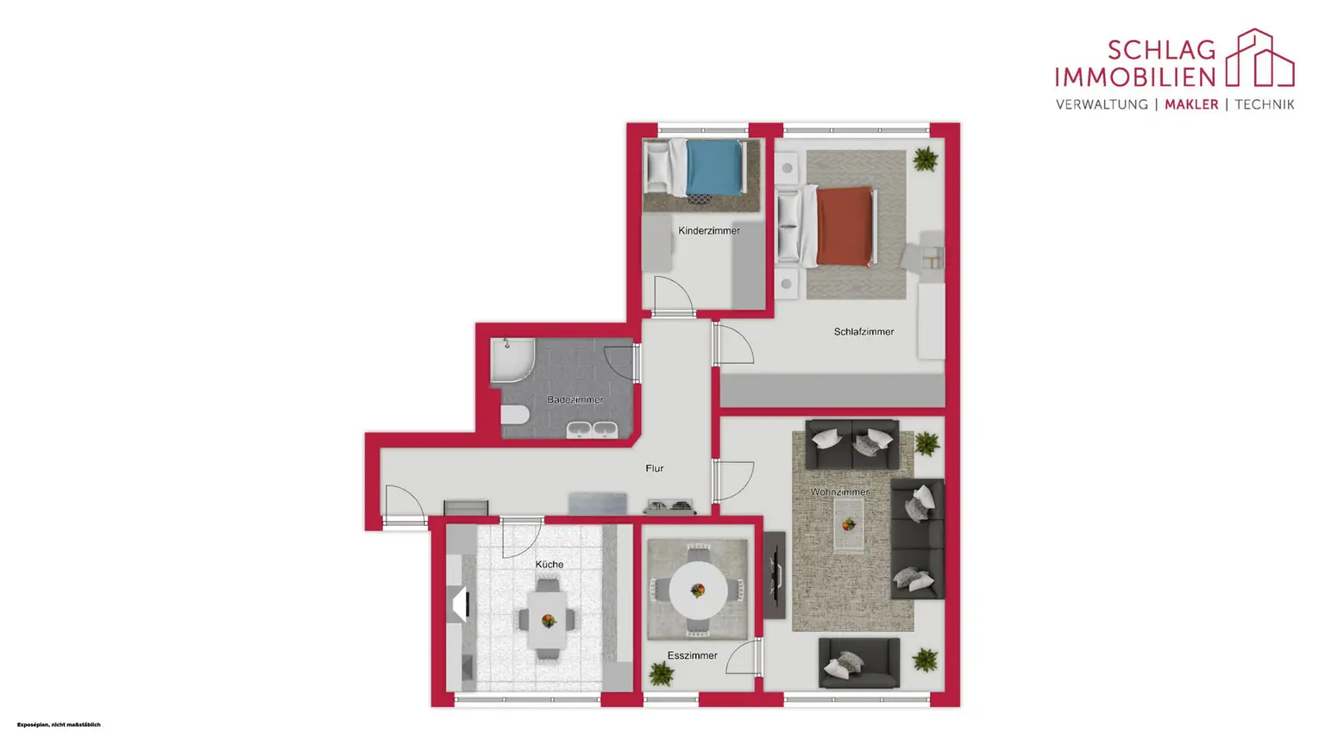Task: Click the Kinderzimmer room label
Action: click(708, 230)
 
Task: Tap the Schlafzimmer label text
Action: click(863, 332)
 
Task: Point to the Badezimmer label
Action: click(575, 400)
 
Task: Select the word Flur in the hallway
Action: click(654, 468)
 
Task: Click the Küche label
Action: click(549, 564)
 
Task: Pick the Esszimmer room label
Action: click(692, 655)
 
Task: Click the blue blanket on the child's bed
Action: click(714, 167)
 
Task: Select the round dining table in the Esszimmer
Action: click(698, 590)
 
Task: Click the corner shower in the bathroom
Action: click(512, 360)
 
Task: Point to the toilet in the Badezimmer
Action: click(515, 415)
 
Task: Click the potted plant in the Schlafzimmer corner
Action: click(925, 159)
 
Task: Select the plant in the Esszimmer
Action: click(662, 673)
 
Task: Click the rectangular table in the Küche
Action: click(547, 620)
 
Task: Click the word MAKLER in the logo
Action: click(1191, 104)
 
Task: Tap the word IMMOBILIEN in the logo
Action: click(1135, 77)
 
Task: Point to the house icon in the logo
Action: click(1259, 58)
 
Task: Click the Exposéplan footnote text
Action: click(59, 724)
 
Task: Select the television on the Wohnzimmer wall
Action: click(775, 575)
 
